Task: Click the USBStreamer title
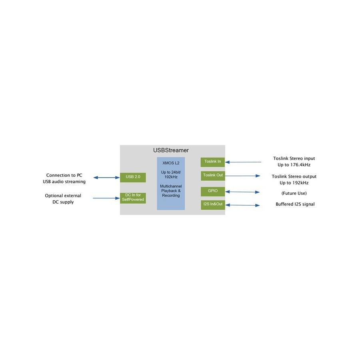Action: pos(171,150)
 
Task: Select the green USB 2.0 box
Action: pos(133,177)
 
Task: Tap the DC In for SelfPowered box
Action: pos(133,198)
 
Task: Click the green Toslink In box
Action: pos(213,162)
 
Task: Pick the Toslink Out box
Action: pos(213,176)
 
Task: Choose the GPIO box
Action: pos(213,192)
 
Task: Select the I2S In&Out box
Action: pos(213,205)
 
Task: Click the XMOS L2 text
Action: pos(171,163)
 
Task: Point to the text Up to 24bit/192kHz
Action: pos(171,174)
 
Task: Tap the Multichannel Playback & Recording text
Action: pos(171,191)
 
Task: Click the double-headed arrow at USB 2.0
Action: pos(106,178)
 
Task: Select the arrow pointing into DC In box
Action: pos(106,198)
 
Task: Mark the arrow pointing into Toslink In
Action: pos(243,162)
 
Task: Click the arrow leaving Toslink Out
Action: pos(242,176)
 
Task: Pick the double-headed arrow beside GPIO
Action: pos(242,192)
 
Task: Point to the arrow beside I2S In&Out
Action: pos(242,205)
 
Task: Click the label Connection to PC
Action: pos(64,175)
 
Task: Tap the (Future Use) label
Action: pos(294,193)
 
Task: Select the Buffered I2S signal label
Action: pos(295,204)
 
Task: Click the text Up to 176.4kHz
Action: pos(294,165)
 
